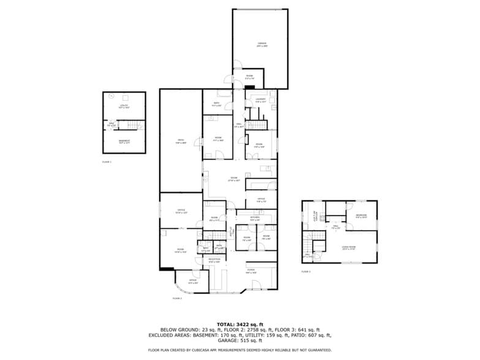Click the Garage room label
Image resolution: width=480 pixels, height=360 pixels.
pyautogui.click(x=262, y=45)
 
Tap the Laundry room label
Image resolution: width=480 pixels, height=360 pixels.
pyautogui.click(x=260, y=100)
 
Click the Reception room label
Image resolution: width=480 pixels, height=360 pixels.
pyautogui.click(x=214, y=260)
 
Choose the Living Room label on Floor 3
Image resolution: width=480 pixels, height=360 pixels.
pyautogui.click(x=348, y=247)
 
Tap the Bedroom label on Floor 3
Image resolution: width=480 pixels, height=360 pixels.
pyautogui.click(x=361, y=216)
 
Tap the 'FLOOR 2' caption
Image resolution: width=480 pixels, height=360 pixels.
pyautogui.click(x=177, y=298)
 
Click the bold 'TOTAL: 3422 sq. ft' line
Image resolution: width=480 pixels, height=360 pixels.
pyautogui.click(x=239, y=324)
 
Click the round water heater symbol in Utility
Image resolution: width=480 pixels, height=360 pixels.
pyautogui.click(x=111, y=96)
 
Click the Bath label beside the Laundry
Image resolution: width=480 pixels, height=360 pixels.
pyautogui.click(x=216, y=103)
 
